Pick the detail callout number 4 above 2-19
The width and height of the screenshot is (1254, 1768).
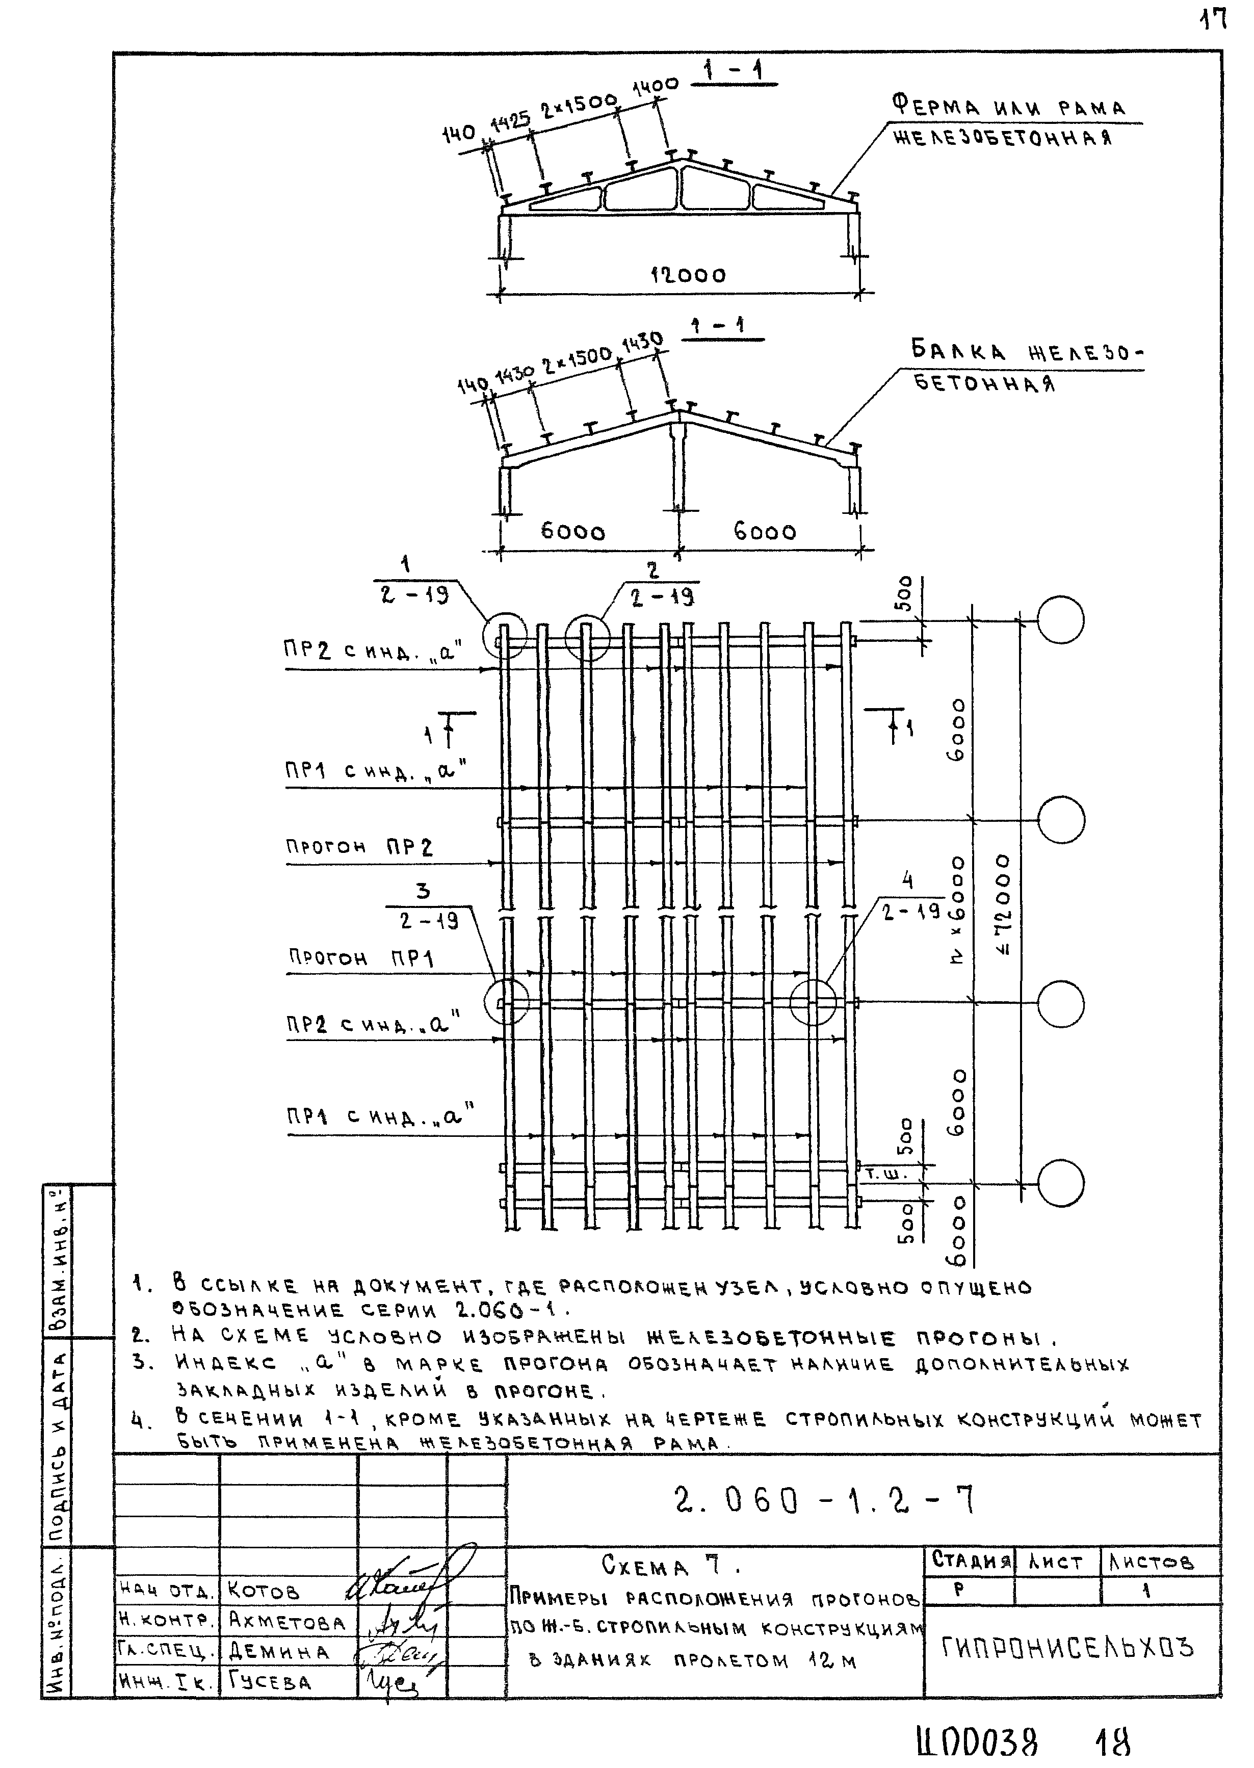click(x=908, y=879)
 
